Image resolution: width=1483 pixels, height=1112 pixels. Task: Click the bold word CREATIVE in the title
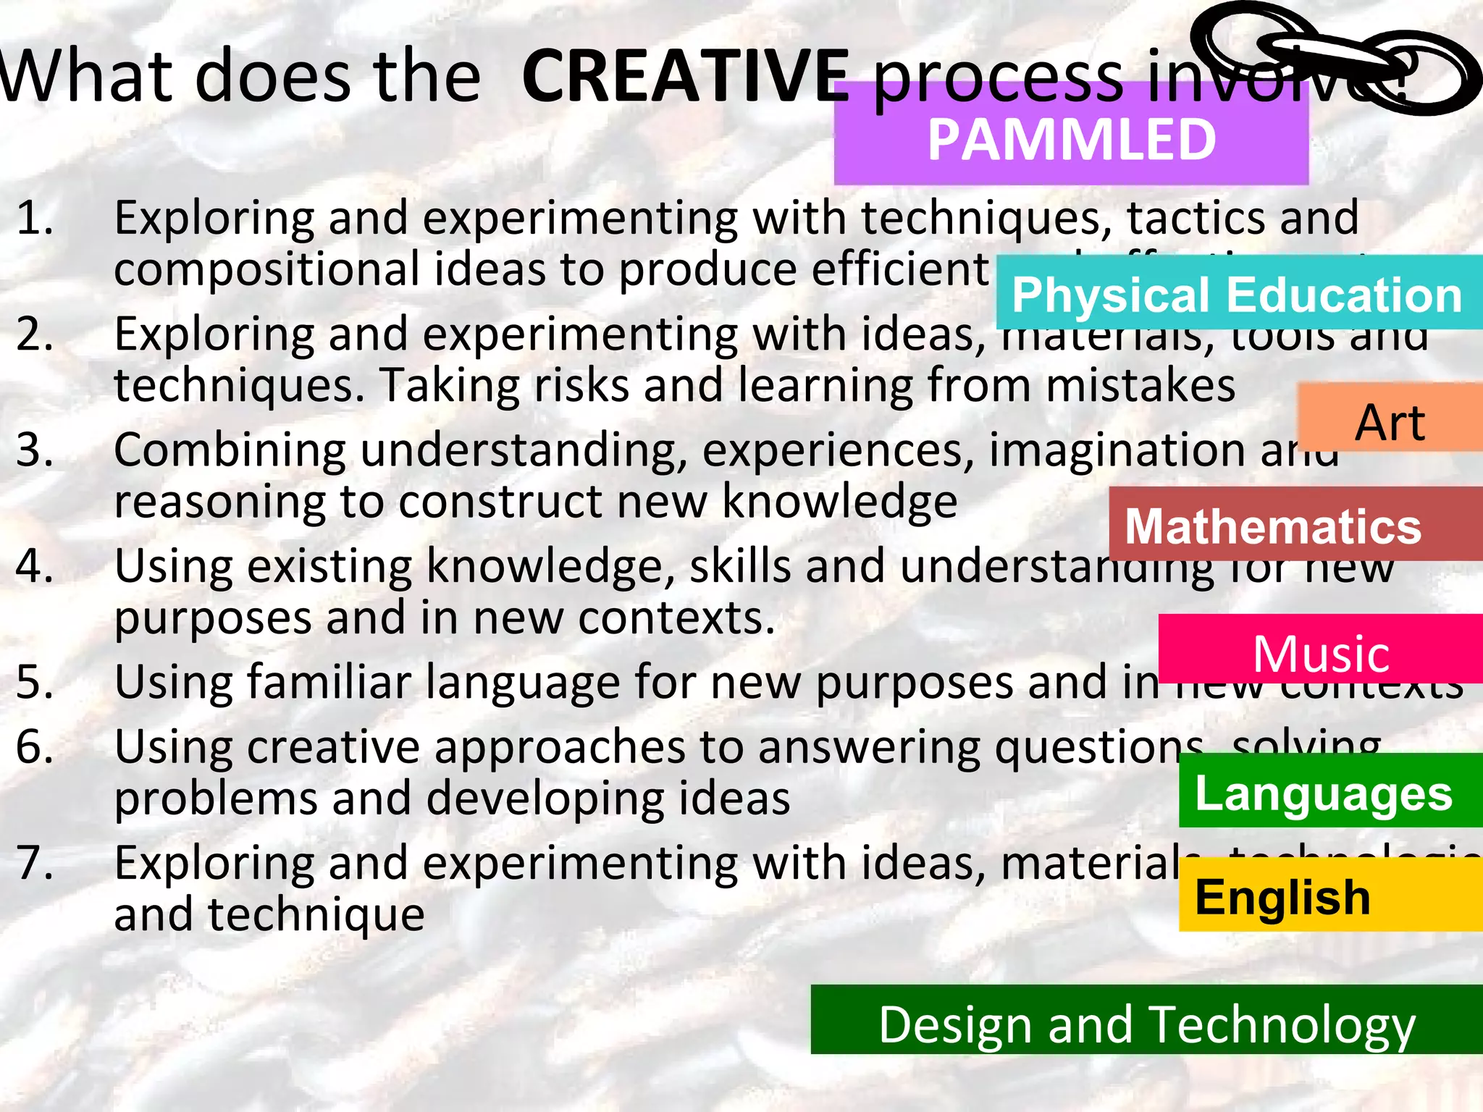[685, 76]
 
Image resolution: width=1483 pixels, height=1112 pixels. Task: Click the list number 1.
[35, 218]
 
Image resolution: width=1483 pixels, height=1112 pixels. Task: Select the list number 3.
[35, 450]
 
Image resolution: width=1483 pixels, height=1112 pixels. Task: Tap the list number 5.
[35, 682]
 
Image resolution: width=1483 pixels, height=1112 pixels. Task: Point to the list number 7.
[35, 863]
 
